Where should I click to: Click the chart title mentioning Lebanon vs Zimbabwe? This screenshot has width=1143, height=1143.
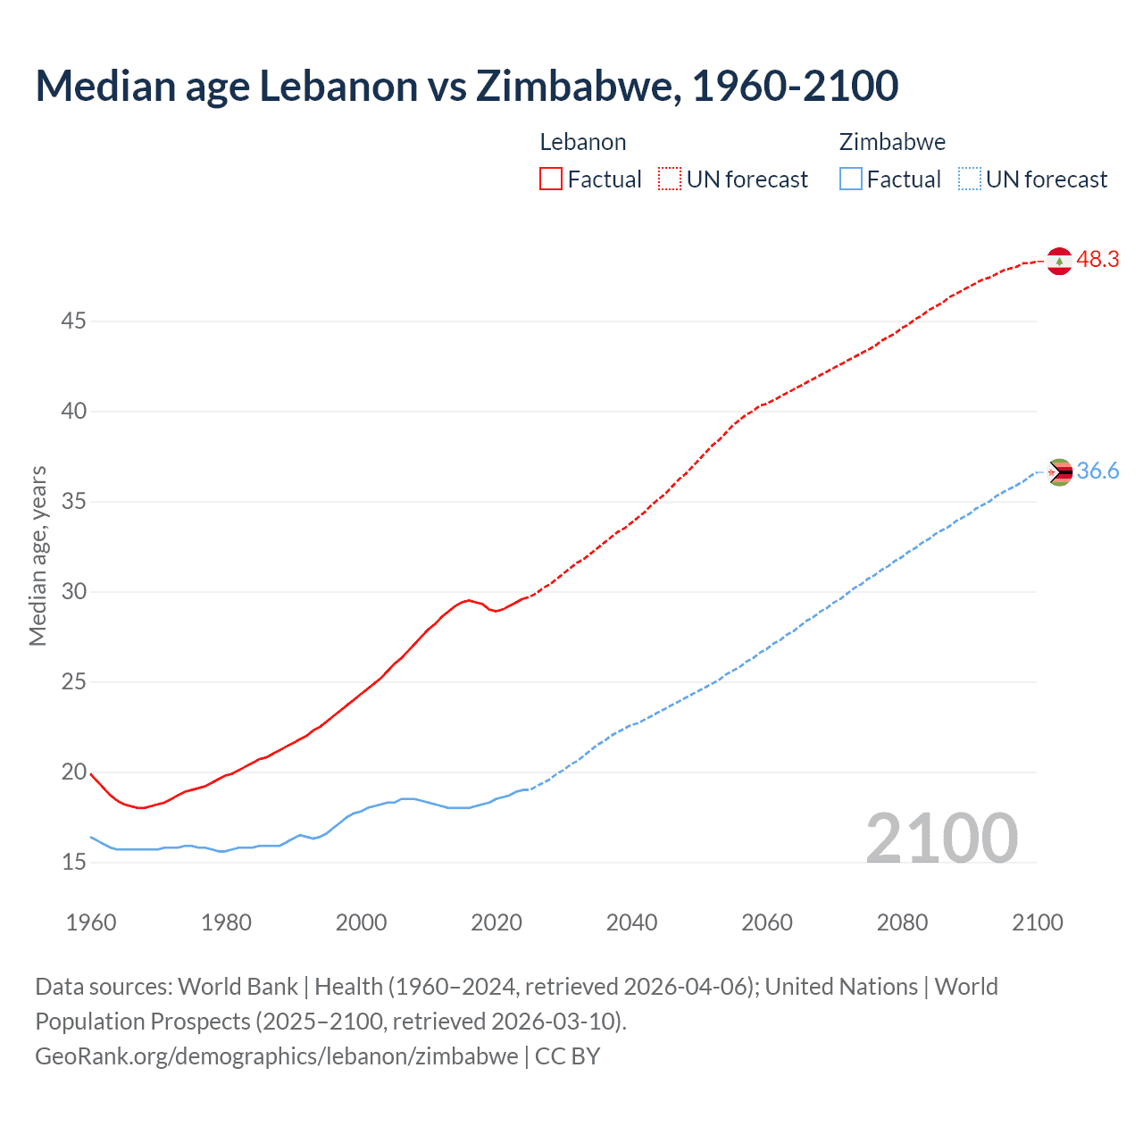point(466,86)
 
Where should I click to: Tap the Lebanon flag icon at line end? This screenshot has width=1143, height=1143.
point(1059,261)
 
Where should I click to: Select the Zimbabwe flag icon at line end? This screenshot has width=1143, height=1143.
point(1059,471)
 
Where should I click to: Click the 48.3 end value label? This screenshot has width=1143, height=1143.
point(1097,260)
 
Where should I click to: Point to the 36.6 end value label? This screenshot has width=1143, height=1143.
point(1097,471)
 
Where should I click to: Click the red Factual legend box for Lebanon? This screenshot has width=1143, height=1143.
point(551,179)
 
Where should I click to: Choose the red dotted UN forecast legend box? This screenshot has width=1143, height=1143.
point(670,179)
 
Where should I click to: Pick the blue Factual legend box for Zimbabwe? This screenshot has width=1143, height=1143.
point(851,179)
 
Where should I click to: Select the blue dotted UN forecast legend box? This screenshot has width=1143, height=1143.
point(970,179)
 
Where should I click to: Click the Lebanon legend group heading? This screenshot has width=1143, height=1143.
point(583,142)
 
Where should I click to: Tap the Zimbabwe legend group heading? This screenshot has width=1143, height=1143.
point(892,142)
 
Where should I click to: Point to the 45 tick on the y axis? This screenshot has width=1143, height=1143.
point(73,321)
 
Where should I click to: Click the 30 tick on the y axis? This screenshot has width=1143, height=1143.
point(73,591)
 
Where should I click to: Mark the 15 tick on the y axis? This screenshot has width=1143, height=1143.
point(73,862)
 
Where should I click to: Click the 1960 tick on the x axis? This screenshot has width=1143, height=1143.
point(91,922)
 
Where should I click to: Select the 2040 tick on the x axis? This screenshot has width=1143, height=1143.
point(631,922)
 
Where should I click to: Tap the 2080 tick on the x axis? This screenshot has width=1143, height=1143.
point(902,922)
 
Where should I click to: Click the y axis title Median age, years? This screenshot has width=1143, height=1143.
point(38,555)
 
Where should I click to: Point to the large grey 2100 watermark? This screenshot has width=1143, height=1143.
point(941,838)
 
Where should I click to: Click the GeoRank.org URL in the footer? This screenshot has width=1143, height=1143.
point(276,1056)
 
